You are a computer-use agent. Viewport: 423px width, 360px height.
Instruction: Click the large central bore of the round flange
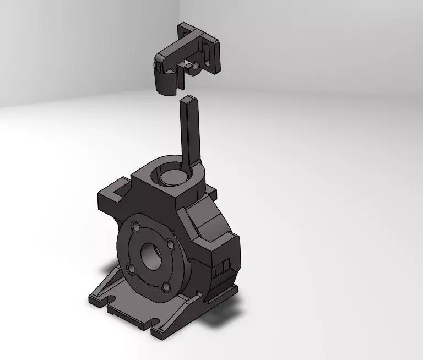153,255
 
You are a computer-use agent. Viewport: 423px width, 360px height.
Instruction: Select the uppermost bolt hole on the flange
135,226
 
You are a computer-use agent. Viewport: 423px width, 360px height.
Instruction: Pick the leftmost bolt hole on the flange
131,268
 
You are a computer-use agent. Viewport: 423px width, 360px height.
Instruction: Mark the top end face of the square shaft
188,100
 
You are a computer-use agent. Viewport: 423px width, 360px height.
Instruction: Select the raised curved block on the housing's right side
212,220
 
